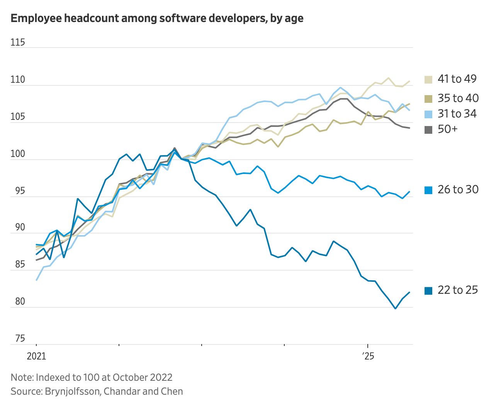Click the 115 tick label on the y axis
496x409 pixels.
tap(18, 42)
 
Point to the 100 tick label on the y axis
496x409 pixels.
tap(18, 154)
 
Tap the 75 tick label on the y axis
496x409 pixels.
tap(20, 339)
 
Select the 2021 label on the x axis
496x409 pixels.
tap(36, 356)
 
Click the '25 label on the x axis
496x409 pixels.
tap(368, 356)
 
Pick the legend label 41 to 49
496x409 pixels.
tap(457, 79)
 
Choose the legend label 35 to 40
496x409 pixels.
tap(458, 98)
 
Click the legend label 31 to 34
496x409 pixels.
tap(457, 114)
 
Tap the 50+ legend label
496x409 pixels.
tap(447, 129)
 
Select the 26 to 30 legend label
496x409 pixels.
tap(458, 189)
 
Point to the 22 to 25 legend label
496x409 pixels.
tap(457, 290)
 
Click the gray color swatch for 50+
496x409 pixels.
tap(428, 130)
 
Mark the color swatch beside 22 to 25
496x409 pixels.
tap(428, 291)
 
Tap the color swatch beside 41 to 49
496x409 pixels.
tap(428, 80)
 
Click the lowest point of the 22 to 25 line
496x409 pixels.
tap(395, 308)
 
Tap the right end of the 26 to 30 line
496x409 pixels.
tap(409, 191)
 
